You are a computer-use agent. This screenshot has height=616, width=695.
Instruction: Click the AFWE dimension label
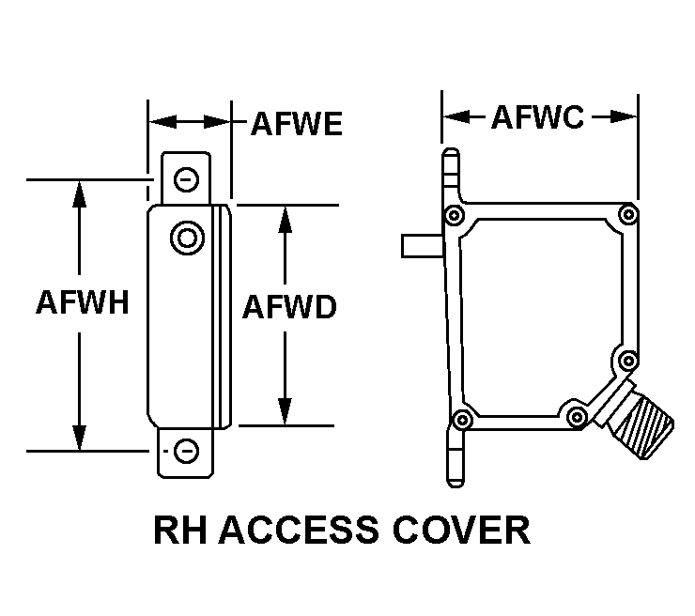coord(296,125)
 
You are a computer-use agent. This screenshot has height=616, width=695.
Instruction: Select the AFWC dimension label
coord(537,117)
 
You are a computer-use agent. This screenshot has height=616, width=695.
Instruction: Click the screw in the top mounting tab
coord(188,178)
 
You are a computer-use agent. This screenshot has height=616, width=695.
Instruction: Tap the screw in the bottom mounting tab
coord(188,451)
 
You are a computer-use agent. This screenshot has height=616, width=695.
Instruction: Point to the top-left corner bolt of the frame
coord(454,216)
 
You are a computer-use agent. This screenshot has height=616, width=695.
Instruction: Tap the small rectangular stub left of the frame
coord(420,246)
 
